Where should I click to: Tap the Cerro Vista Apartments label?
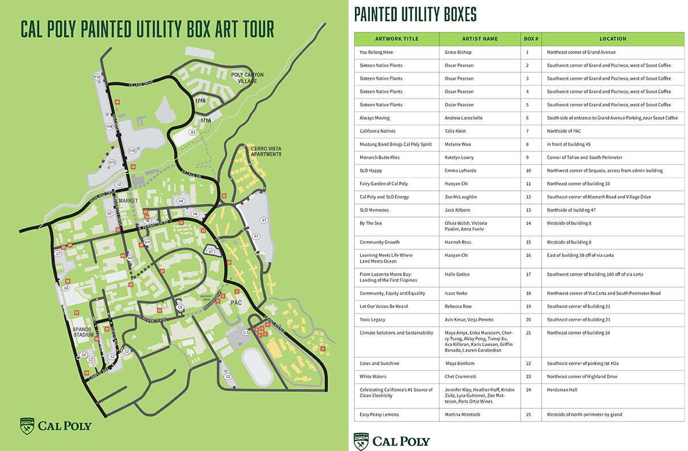[x=267, y=151]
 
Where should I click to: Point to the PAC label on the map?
[x=237, y=303]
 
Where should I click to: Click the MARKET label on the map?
[x=129, y=200]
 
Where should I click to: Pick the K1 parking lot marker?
[x=264, y=220]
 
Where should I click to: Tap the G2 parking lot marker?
[x=228, y=376]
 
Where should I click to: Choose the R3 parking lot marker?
[x=193, y=132]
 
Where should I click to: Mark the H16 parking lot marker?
[x=132, y=151]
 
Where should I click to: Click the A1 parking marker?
[x=210, y=251]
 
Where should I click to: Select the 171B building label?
[x=200, y=101]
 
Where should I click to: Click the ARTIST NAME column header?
[x=481, y=39]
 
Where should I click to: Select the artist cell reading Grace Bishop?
[x=458, y=52]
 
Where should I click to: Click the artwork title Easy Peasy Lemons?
[x=379, y=415]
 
